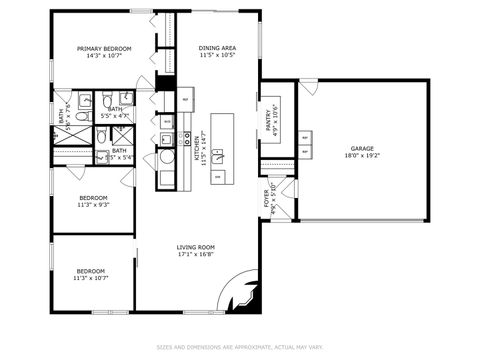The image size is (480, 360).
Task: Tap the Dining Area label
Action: click(217, 48)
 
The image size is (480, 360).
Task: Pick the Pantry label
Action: click(267, 118)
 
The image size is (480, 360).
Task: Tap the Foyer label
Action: click(267, 191)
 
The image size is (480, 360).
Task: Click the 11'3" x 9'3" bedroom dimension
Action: click(93, 205)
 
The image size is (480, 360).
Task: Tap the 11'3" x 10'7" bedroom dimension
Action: click(91, 278)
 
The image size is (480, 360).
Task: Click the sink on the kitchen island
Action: click(219, 157)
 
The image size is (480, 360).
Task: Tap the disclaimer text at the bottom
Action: click(240, 348)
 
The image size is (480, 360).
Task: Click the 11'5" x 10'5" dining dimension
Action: click(217, 55)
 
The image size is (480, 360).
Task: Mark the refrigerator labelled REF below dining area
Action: click(186, 101)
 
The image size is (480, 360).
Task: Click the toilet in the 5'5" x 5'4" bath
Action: click(102, 157)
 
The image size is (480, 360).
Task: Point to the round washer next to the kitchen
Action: click(167, 157)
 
